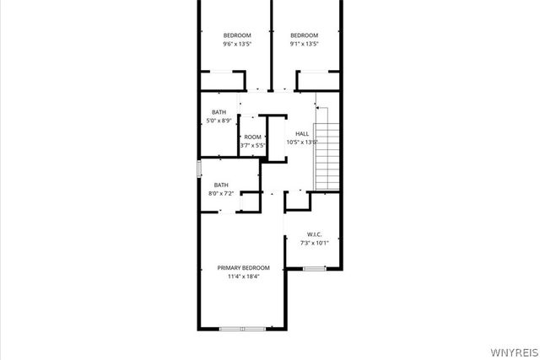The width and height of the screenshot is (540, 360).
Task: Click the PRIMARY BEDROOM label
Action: pos(243,267)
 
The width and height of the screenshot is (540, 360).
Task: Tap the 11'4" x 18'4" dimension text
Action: pos(243,276)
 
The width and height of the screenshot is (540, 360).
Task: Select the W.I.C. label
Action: pos(315,234)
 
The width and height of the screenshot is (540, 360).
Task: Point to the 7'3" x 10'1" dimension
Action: pos(315,243)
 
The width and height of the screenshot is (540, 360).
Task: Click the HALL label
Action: pos(302,133)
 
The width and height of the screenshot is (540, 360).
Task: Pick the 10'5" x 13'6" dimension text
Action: pos(302,142)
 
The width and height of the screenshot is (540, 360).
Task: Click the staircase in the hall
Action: pos(327,157)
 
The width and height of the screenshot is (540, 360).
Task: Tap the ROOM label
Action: pos(253,137)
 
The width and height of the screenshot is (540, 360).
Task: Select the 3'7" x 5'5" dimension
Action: pos(253,146)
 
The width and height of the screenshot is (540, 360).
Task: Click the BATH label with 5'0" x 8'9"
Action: pos(219,112)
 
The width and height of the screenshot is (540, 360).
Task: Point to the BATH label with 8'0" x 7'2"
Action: pos(221,185)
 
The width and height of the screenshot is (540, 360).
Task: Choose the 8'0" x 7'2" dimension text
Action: pos(221,193)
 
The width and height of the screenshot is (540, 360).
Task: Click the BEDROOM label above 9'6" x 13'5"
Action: pos(236,35)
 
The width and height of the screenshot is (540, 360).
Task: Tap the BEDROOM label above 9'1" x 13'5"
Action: pos(304,35)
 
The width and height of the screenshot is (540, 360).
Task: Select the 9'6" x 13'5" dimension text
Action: pos(236,44)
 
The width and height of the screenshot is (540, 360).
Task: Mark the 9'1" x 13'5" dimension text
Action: pos(304,44)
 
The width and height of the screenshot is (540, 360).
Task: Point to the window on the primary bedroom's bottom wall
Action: pos(242,328)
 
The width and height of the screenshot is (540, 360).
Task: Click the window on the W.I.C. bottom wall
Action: pos(315,269)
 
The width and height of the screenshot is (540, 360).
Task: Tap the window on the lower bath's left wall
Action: pos(199,168)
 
